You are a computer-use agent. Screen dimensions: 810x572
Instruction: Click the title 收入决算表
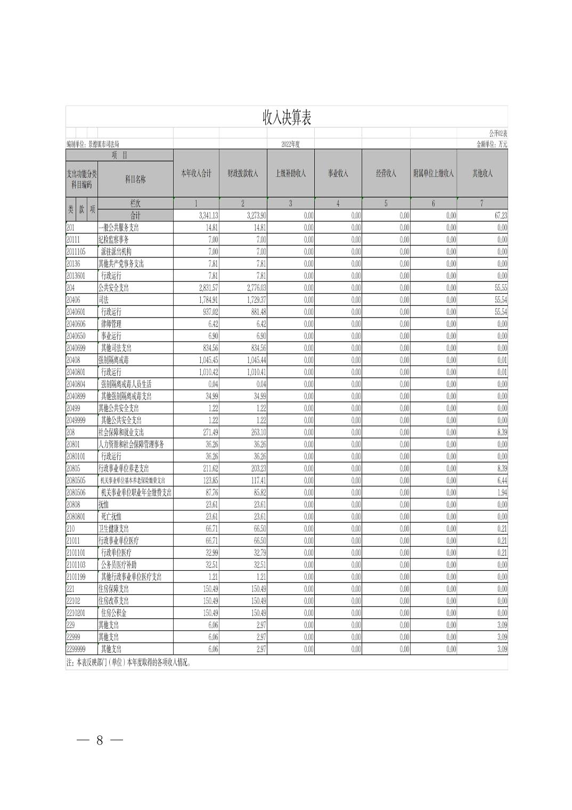(x=287, y=118)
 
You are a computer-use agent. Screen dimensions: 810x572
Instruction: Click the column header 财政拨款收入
(x=243, y=174)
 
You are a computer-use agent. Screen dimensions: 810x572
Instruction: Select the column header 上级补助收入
(x=290, y=174)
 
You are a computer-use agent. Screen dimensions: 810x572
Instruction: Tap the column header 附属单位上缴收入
(x=434, y=174)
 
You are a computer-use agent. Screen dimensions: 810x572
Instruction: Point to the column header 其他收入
(x=483, y=174)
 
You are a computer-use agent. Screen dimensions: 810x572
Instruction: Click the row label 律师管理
(x=111, y=324)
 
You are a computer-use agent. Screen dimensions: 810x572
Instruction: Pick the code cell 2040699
(x=76, y=348)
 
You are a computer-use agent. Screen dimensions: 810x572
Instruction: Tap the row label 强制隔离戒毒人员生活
(x=126, y=384)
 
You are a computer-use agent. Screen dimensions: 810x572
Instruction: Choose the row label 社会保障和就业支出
(x=121, y=432)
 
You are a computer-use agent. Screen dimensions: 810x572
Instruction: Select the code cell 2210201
(x=76, y=613)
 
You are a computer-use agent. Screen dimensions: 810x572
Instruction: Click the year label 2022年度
(x=291, y=144)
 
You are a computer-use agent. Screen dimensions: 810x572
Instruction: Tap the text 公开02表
(x=498, y=133)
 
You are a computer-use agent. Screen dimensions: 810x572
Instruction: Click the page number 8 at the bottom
(x=100, y=740)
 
